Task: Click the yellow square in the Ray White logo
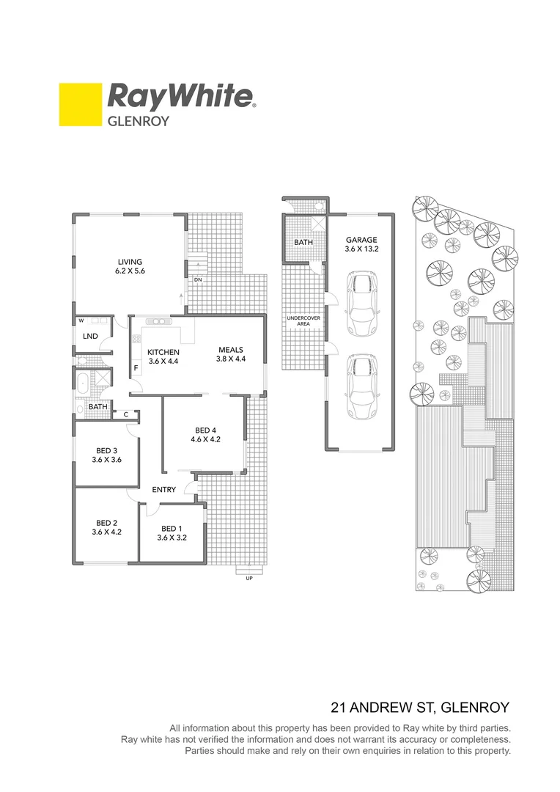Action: point(80,105)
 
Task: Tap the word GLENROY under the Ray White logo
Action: point(139,121)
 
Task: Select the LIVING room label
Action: point(130,262)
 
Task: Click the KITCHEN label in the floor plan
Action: point(163,352)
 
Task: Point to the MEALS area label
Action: point(229,350)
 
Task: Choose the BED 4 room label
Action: point(205,430)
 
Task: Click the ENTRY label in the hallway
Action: point(163,489)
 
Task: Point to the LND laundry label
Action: point(91,337)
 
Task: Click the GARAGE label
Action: point(361,240)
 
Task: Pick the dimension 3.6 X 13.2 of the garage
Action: point(361,249)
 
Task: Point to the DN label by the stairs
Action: point(199,279)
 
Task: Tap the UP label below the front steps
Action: point(249,579)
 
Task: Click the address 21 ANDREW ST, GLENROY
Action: point(420,708)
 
